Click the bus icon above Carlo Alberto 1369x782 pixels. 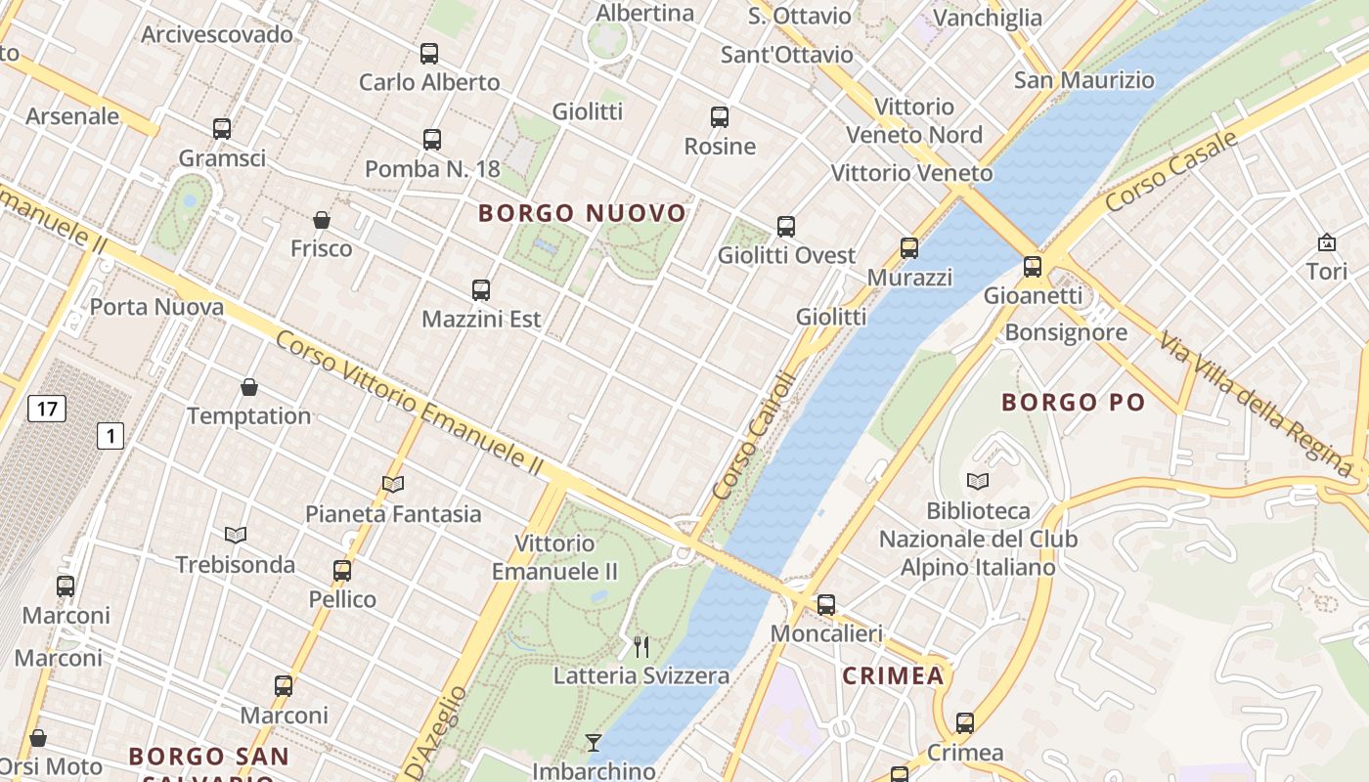(x=429, y=54)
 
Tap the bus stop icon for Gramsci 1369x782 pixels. (x=222, y=129)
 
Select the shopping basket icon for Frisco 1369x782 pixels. (x=321, y=220)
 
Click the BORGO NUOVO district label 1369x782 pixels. (x=582, y=213)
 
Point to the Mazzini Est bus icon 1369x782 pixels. (x=480, y=290)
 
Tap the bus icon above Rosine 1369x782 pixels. (x=720, y=117)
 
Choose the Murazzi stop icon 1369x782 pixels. (x=909, y=248)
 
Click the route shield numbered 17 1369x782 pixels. (x=47, y=408)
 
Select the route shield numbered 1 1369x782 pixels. (x=110, y=435)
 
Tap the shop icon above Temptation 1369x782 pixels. (x=249, y=387)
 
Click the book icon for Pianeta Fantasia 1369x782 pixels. (x=393, y=484)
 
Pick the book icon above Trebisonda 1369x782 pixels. (x=235, y=535)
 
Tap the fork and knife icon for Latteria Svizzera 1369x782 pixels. (x=641, y=646)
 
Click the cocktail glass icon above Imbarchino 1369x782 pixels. (x=594, y=743)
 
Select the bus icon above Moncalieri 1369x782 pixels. (x=826, y=605)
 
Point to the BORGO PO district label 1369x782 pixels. (x=1073, y=402)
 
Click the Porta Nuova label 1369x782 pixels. (x=156, y=307)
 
